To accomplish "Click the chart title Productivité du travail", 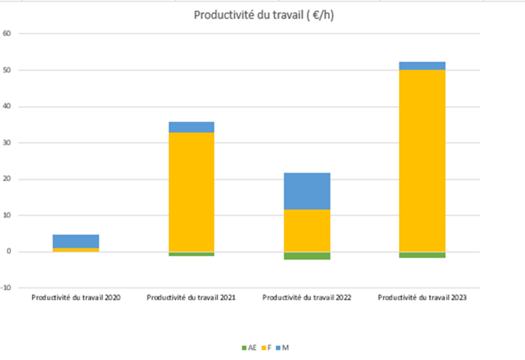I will click(263, 16).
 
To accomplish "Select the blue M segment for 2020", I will click(76, 241).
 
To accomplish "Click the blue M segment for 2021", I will click(191, 127).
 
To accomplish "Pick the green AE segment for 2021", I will click(191, 254).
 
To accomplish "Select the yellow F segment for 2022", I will click(307, 230).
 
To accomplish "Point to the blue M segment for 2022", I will click(307, 191).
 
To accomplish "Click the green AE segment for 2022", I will click(307, 256).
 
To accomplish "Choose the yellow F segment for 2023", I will click(422, 161).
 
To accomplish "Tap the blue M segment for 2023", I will click(422, 66).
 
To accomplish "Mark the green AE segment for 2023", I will click(422, 255).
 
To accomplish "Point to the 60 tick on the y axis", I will click(7, 34).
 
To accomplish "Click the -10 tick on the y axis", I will click(7, 288).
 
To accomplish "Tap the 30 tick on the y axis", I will click(7, 143).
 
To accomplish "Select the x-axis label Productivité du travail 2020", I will click(76, 298).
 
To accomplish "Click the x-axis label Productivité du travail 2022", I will click(307, 298).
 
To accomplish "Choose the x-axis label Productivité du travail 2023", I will click(422, 298).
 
